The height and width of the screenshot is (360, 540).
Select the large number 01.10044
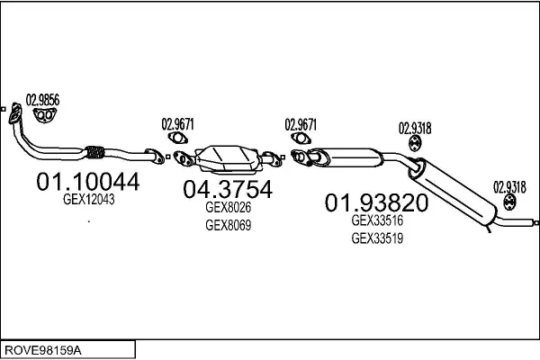point(87,182)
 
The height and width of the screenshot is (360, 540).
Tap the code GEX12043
point(88,202)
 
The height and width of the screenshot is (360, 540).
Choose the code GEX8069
point(228,225)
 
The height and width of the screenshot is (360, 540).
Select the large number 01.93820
point(375,202)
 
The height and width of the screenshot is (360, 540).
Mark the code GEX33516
point(376,220)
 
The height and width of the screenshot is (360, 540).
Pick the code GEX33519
point(376,238)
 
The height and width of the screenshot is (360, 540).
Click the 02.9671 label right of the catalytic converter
point(301,124)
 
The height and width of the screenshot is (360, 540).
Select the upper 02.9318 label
point(415,128)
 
